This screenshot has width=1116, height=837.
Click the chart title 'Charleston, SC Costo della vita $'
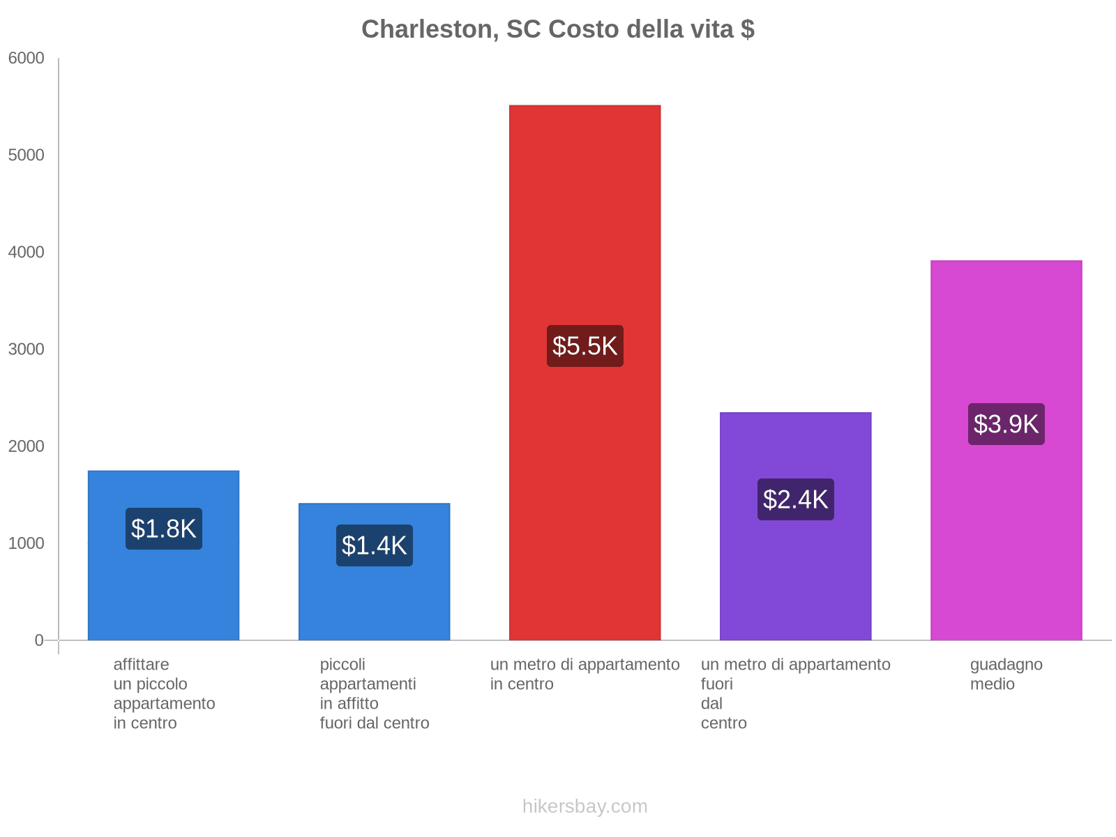click(x=557, y=29)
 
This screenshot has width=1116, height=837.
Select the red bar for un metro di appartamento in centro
click(x=585, y=209)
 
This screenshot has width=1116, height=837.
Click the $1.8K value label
click(x=164, y=529)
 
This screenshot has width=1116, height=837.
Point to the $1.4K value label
click(x=375, y=545)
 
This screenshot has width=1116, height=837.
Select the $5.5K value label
click(x=585, y=346)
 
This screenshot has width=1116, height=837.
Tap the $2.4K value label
click(x=795, y=499)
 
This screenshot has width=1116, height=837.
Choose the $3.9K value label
click(x=1006, y=424)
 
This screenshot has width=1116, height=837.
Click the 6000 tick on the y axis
click(x=27, y=59)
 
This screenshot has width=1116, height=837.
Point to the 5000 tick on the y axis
click(x=27, y=156)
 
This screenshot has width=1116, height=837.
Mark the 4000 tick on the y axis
click(x=27, y=252)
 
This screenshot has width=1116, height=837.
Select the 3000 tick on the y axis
click(x=27, y=349)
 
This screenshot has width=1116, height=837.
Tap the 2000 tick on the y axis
click(x=27, y=446)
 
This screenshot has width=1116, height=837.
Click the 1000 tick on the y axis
click(x=27, y=543)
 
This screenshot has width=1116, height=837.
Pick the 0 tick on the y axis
click(x=39, y=640)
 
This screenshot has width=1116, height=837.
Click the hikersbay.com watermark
click(x=585, y=806)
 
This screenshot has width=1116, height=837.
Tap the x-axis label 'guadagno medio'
click(x=1006, y=674)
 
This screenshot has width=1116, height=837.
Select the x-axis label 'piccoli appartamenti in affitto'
click(x=375, y=693)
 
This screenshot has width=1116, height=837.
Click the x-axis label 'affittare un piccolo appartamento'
click(x=164, y=693)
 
